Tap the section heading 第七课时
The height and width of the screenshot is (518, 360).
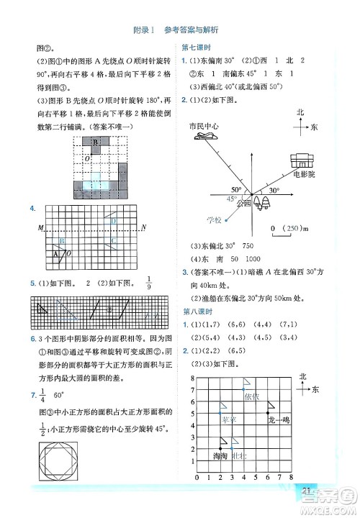pos(196,48)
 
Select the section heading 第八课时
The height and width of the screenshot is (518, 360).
pos(196,312)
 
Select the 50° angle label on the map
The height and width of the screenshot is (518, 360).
pos(236,191)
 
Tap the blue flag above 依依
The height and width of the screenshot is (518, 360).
pos(246,383)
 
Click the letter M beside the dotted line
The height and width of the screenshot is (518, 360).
pos(40,228)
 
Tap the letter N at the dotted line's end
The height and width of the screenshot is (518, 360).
pos(144,228)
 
